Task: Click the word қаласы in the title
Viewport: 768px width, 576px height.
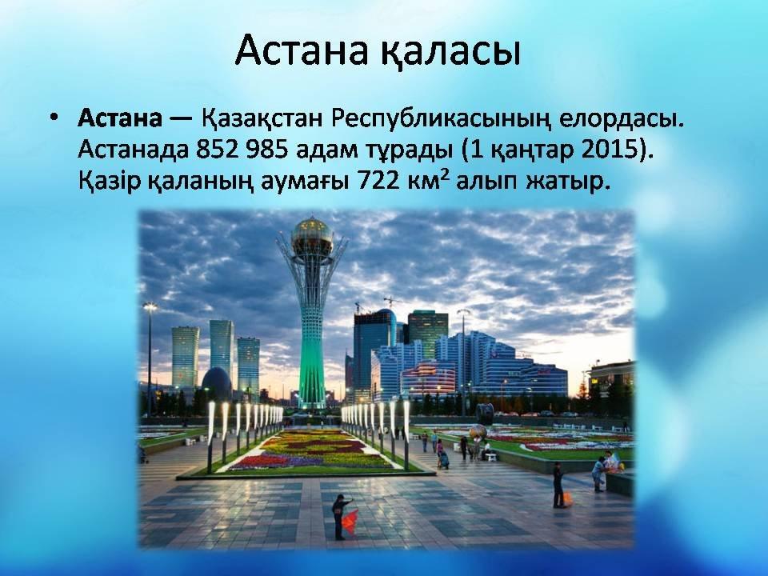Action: click(x=450, y=50)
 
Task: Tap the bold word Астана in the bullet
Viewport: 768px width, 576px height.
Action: click(x=120, y=119)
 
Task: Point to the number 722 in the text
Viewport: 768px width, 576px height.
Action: click(x=377, y=182)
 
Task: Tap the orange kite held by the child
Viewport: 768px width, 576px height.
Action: click(x=350, y=522)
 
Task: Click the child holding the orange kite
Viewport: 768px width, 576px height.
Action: click(x=339, y=517)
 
